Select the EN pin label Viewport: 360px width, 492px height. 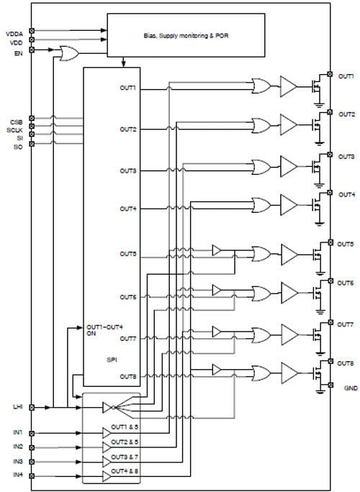click(17, 53)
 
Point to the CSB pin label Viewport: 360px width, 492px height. click(16, 121)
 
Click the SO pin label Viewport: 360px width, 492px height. click(17, 146)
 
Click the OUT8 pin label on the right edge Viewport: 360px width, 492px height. click(347, 364)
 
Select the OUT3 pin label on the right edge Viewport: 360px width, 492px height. click(347, 156)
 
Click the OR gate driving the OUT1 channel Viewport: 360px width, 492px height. click(259, 88)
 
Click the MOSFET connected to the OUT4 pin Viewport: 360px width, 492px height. click(314, 206)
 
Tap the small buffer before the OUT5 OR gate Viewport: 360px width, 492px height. click(217, 250)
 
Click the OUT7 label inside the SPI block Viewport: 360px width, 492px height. click(128, 338)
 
